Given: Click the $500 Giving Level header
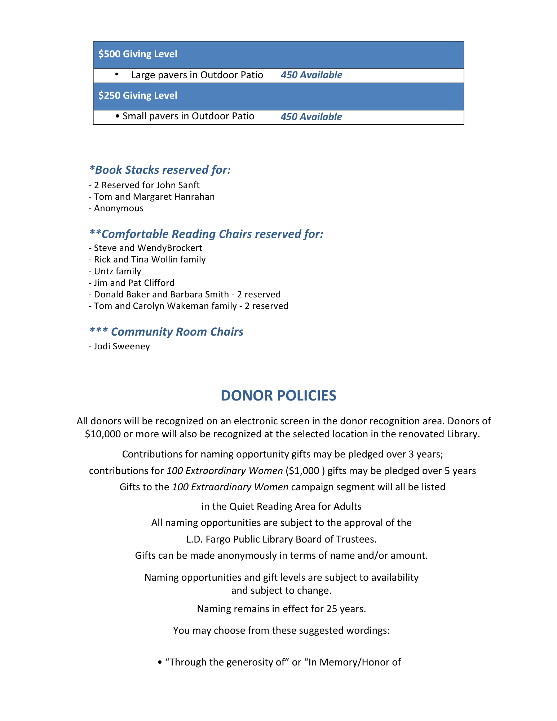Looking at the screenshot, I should [x=138, y=54].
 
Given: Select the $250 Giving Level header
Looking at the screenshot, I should [x=138, y=96].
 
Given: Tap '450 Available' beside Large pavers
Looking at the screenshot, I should [x=311, y=75].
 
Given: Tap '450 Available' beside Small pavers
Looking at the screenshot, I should [x=311, y=117].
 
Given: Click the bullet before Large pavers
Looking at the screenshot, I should [x=117, y=74].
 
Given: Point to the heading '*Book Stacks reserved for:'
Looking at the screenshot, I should [x=160, y=170].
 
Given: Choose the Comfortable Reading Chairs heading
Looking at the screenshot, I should [x=206, y=234].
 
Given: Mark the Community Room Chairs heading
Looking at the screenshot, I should [x=166, y=332].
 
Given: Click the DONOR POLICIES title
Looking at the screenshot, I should [x=278, y=395].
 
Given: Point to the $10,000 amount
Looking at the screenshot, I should [x=103, y=434].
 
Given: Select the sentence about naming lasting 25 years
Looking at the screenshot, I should [x=281, y=609].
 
